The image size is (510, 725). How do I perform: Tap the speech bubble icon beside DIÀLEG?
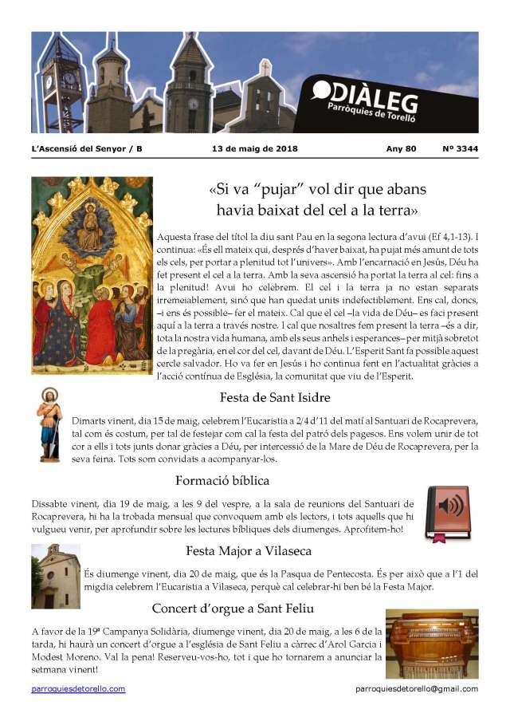coord(322,89)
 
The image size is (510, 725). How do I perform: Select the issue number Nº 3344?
coord(460,148)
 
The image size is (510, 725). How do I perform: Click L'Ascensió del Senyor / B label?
coord(87,148)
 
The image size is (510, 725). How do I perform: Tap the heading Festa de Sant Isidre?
coord(275,396)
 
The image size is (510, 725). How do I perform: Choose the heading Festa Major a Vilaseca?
coord(248,550)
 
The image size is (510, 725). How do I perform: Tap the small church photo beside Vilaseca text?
coord(56,576)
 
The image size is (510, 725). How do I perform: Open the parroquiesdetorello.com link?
coord(78,688)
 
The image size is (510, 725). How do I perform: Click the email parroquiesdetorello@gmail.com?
coord(417,688)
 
